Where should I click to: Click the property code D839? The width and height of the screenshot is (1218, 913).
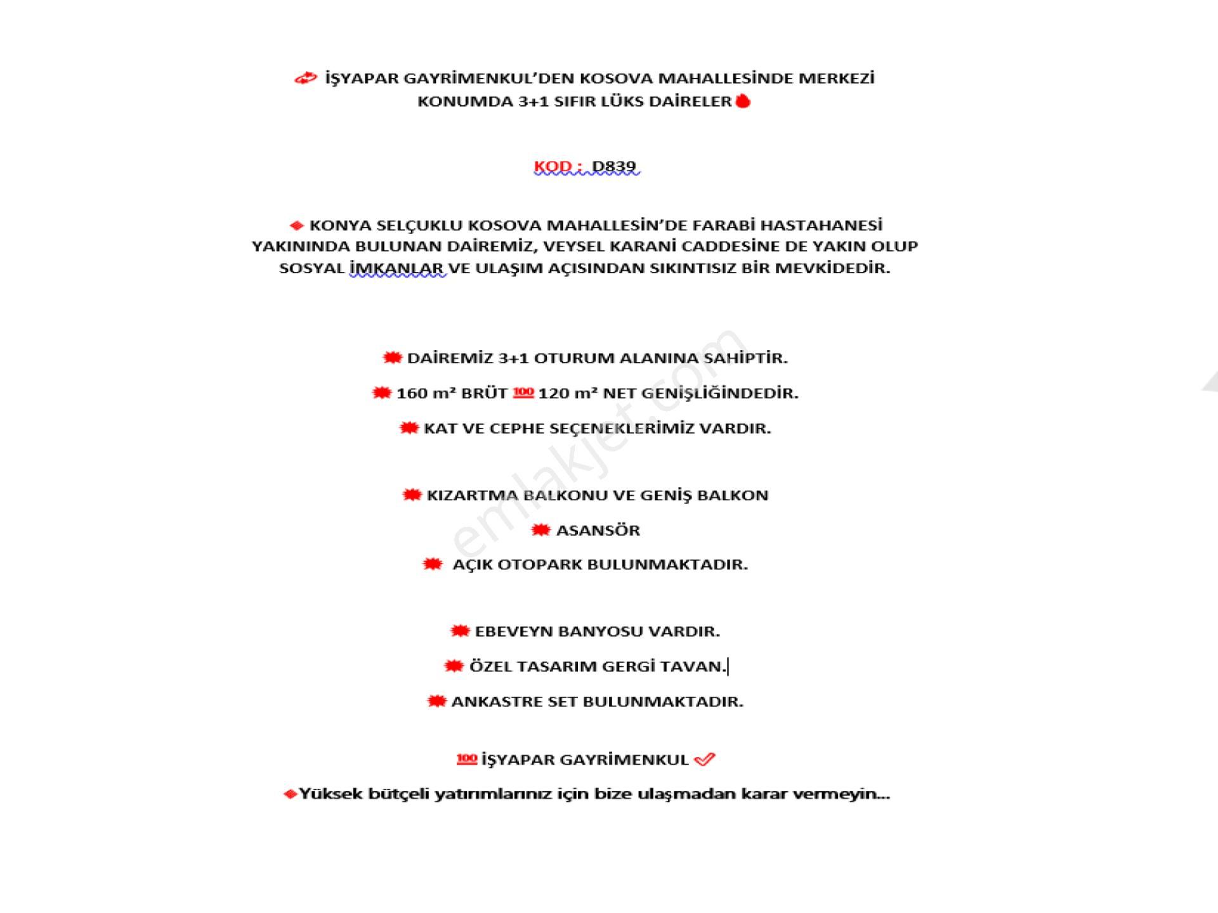tap(613, 167)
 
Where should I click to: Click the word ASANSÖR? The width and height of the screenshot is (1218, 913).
tap(598, 530)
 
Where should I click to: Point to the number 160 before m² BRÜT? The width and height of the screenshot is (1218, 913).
tap(412, 394)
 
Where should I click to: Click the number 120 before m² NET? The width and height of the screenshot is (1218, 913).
tap(554, 394)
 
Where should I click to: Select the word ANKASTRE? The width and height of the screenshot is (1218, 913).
tap(487, 702)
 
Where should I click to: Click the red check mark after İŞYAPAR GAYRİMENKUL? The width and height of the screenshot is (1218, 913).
tap(705, 760)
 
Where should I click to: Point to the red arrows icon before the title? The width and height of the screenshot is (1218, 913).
tap(305, 79)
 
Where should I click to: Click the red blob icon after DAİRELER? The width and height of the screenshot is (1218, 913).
tap(743, 101)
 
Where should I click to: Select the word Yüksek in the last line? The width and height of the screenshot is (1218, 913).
tap(330, 794)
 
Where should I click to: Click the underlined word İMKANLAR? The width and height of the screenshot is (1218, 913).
tap(397, 268)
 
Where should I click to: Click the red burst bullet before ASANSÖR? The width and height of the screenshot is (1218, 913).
tap(540, 530)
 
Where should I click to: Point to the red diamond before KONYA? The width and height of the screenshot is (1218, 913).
tap(296, 226)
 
